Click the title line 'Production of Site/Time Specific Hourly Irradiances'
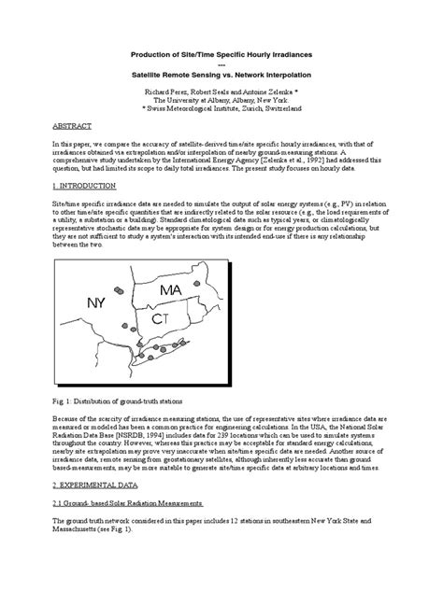(x=221, y=55)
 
